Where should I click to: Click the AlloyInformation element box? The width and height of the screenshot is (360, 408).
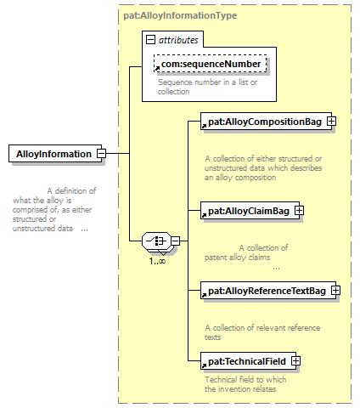pyautogui.click(x=55, y=154)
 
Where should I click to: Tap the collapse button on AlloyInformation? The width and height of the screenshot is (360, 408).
pyautogui.click(x=101, y=154)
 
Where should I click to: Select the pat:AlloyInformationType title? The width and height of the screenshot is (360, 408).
pyautogui.click(x=180, y=15)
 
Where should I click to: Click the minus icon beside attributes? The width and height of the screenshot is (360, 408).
pyautogui.click(x=150, y=39)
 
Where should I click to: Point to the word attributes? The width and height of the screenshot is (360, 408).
pyautogui.click(x=178, y=40)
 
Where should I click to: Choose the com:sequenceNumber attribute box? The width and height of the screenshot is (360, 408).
pyautogui.click(x=210, y=64)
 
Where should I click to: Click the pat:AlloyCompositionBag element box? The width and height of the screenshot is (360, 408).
pyautogui.click(x=266, y=122)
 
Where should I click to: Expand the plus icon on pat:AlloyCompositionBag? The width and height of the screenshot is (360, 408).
pyautogui.click(x=331, y=122)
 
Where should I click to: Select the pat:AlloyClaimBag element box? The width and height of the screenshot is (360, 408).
pyautogui.click(x=250, y=211)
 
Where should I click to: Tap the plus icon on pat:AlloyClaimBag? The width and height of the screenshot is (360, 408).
pyautogui.click(x=299, y=211)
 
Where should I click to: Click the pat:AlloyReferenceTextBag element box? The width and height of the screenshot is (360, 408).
pyautogui.click(x=268, y=291)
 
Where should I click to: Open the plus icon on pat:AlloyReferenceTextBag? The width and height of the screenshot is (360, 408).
pyautogui.click(x=335, y=291)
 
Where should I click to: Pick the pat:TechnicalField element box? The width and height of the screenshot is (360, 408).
pyautogui.click(x=248, y=361)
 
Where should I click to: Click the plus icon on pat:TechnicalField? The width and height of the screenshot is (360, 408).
pyautogui.click(x=295, y=361)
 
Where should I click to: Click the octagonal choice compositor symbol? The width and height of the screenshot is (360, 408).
pyautogui.click(x=156, y=241)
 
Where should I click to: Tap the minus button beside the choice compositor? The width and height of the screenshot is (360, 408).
pyautogui.click(x=176, y=241)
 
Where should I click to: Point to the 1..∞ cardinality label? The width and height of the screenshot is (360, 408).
pyautogui.click(x=157, y=261)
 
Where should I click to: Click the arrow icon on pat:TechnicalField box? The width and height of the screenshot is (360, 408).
pyautogui.click(x=204, y=365)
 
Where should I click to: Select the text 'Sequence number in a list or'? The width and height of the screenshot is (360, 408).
pyautogui.click(x=207, y=82)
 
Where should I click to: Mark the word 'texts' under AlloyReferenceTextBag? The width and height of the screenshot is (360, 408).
pyautogui.click(x=212, y=337)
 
